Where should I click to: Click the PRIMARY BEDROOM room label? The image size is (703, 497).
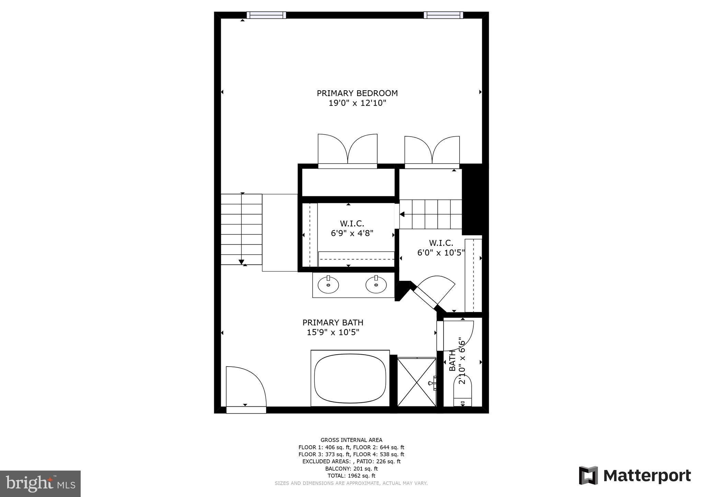pos(357,93)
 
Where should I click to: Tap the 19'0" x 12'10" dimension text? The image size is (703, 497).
pos(357,103)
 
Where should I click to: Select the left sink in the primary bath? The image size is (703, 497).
pos(328,285)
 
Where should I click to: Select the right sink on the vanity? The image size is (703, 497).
pos(376,285)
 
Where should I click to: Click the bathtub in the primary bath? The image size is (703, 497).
pos(350,378)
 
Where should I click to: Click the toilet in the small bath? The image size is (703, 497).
pos(463,391)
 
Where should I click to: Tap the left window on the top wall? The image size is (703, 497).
pos(266,15)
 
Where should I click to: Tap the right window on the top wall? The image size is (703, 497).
pos(443,15)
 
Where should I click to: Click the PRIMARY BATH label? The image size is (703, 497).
pos(333,323)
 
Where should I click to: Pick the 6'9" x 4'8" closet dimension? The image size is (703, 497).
pos(352,233)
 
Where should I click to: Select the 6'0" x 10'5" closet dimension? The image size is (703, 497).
pos(441,253)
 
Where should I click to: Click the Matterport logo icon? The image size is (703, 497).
pos(588,475)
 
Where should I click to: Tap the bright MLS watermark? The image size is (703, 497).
pos(40,484)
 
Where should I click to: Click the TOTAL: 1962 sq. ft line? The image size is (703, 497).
pos(351,476)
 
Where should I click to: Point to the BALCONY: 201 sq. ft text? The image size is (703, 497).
pos(351,469)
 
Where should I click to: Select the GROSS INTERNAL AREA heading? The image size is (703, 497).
pos(351,440)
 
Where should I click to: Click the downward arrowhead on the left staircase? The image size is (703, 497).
pos(241,262)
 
